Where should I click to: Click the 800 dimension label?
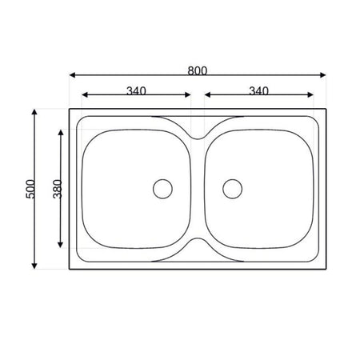click(x=198, y=71)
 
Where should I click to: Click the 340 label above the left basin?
click(x=136, y=91)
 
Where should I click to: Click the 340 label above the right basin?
click(x=258, y=91)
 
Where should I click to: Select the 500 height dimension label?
click(x=30, y=189)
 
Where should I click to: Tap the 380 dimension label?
click(x=58, y=189)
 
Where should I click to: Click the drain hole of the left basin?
click(x=162, y=189)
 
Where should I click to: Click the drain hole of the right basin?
click(x=233, y=189)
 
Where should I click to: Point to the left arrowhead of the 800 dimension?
click(x=72, y=75)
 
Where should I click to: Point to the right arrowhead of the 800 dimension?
click(x=322, y=75)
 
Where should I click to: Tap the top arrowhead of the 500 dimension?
click(x=34, y=112)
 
